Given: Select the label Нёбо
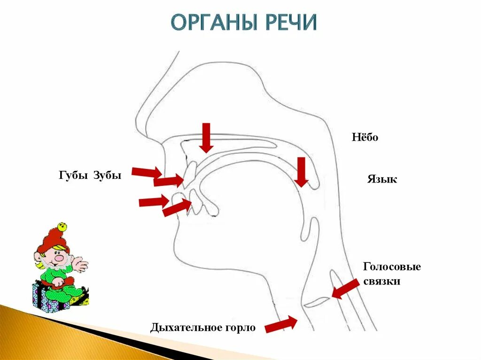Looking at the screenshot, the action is [365, 138].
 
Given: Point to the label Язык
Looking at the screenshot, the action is [382, 179].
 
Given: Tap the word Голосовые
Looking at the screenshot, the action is [392, 267].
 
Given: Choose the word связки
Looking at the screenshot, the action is [381, 282].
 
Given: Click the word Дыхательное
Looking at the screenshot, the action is [185, 328].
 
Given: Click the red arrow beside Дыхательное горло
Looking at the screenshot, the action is [281, 324].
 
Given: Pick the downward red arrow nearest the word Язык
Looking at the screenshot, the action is [302, 172].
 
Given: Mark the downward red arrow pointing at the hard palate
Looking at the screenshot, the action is [206, 138].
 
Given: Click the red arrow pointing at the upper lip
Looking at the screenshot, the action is [147, 172].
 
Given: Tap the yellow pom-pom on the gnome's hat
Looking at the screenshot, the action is [62, 227].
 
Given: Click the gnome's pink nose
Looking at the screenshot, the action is [59, 257].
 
